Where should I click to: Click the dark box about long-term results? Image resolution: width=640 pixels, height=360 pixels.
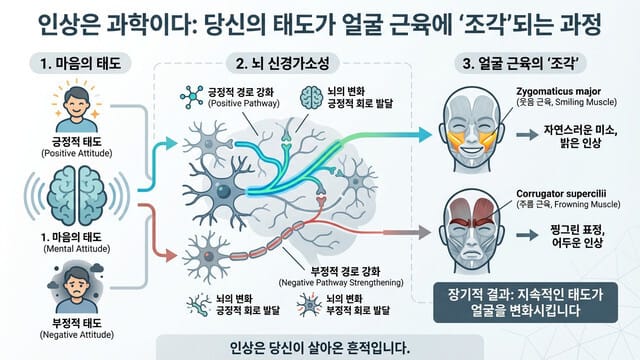coord(530,304)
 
